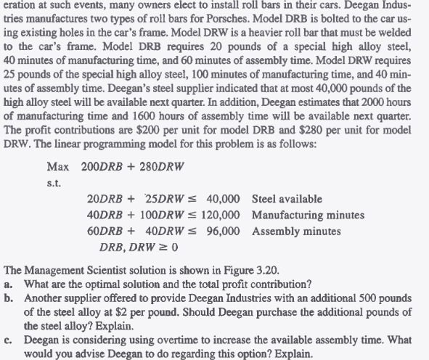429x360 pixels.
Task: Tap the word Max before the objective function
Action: (57, 166)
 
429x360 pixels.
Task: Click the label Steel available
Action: (287, 199)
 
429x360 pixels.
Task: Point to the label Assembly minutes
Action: (296, 231)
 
